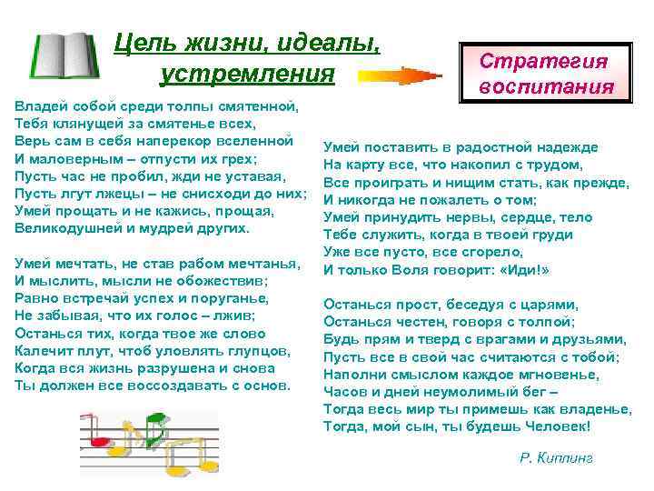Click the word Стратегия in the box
coord(544,61)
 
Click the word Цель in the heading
coord(139,42)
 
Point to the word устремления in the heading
coord(247,72)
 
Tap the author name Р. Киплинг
coord(556,458)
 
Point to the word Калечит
coord(43,349)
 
